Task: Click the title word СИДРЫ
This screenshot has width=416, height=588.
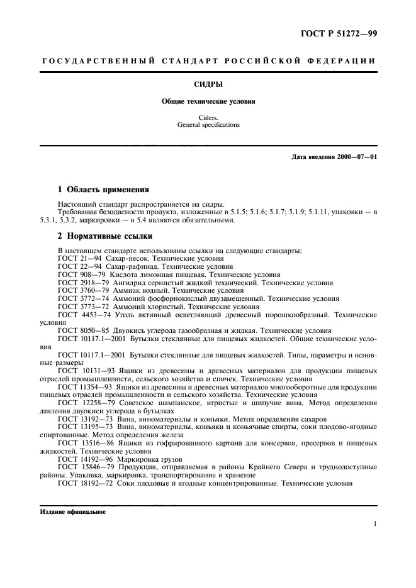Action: (208, 82)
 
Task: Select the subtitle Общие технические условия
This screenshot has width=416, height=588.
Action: (208, 101)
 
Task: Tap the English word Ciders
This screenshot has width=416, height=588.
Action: (208, 117)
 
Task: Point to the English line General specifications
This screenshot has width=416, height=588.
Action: (208, 125)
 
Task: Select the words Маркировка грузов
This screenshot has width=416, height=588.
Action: (146, 459)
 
